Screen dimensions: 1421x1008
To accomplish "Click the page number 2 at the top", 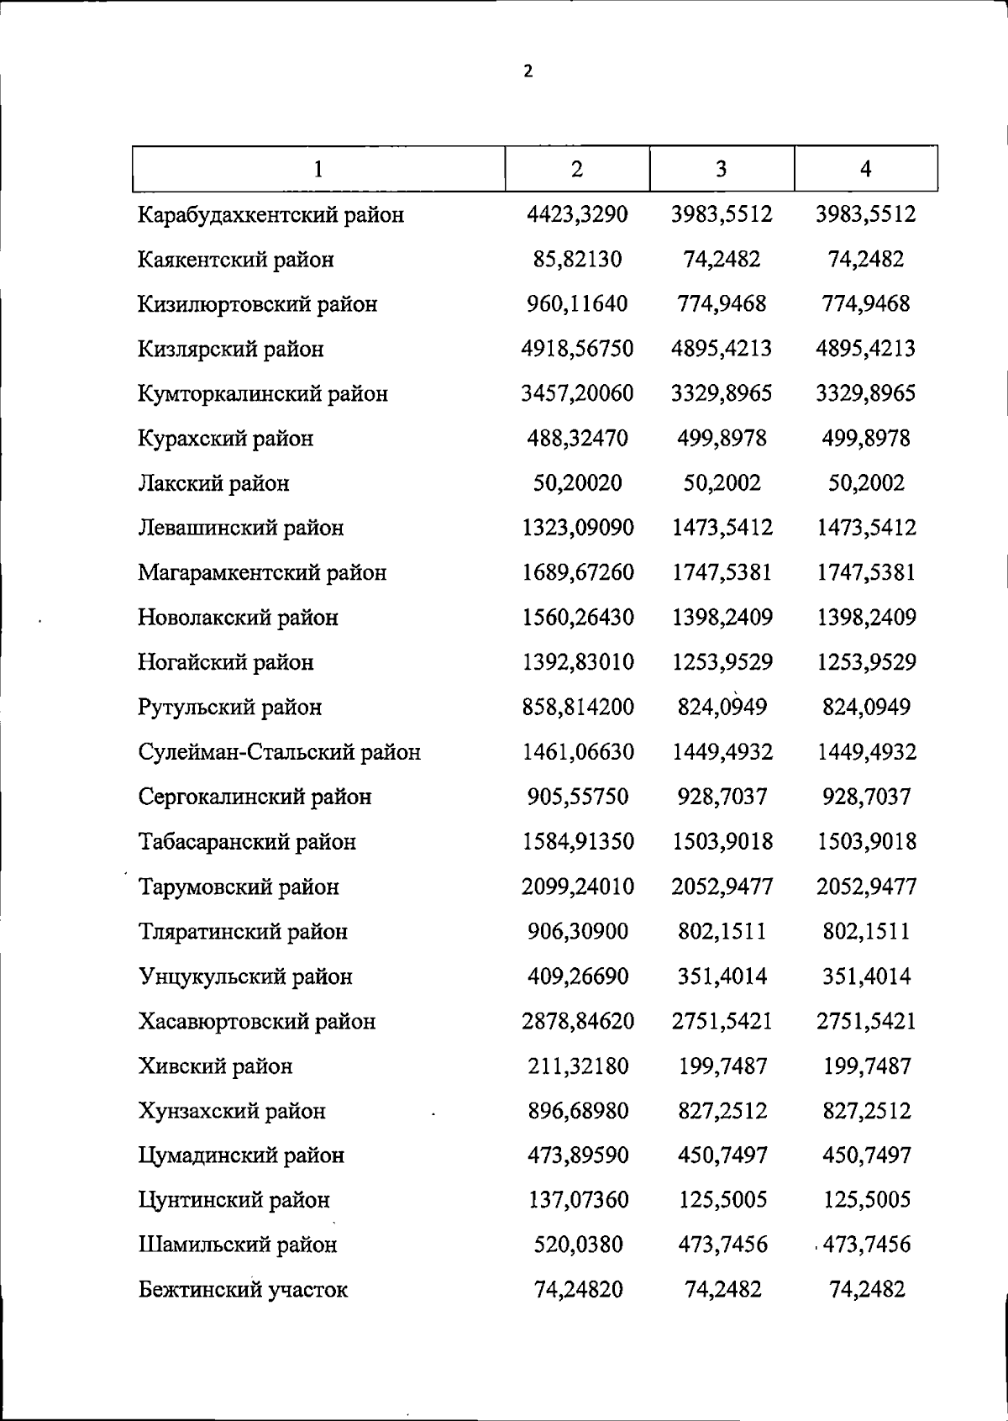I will click(x=528, y=71).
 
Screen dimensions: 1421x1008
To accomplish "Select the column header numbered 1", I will click(x=318, y=170).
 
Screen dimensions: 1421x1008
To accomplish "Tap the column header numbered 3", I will click(x=721, y=170).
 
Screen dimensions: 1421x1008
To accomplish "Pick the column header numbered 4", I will click(x=865, y=170).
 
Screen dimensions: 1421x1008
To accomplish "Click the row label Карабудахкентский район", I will click(x=271, y=215).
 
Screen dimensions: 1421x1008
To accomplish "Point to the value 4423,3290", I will click(x=577, y=214).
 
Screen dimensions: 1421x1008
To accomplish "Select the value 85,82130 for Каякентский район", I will click(x=577, y=260).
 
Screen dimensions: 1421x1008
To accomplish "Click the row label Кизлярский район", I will click(x=231, y=349).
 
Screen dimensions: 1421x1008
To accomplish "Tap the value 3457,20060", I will click(x=577, y=393).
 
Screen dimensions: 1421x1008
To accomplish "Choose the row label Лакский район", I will click(x=214, y=483).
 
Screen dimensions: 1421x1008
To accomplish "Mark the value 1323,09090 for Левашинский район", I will click(x=577, y=528).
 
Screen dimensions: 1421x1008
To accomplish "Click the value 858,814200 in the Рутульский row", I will click(x=577, y=707).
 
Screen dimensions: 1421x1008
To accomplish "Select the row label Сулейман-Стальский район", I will click(x=280, y=752).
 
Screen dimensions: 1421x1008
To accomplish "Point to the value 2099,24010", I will click(x=577, y=887).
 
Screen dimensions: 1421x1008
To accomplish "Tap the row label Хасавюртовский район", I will click(x=257, y=1022).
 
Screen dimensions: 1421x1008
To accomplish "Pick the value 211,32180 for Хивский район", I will click(x=577, y=1066).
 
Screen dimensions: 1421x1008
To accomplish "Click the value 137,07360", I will click(x=577, y=1200).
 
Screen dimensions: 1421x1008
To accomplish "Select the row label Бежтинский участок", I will click(x=243, y=1290).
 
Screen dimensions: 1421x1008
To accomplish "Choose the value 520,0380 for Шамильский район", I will click(x=578, y=1245).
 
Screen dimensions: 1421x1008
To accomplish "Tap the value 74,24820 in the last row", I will click(x=578, y=1289).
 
